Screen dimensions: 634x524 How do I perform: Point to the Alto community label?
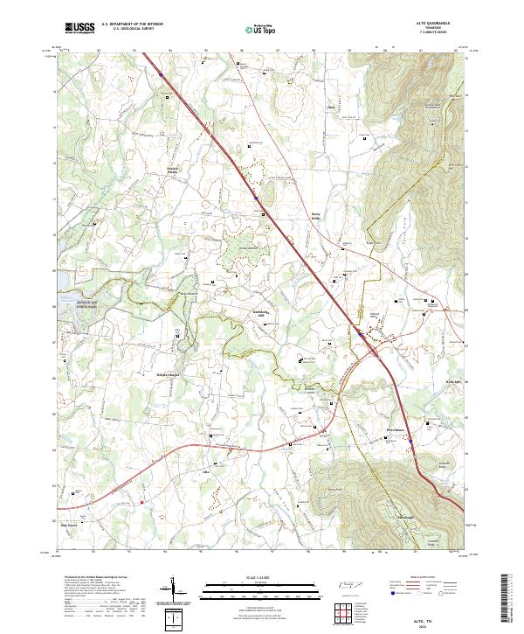coord(208,471)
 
